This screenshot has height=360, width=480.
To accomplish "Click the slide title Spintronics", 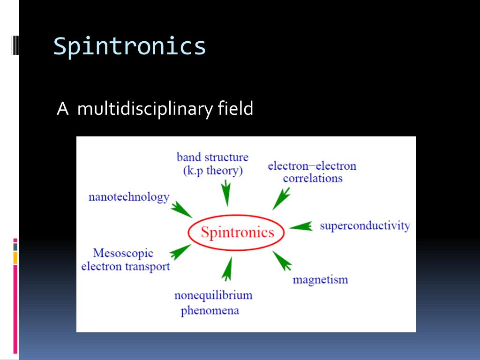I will click(129, 46).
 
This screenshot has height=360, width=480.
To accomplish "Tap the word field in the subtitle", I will click(235, 109).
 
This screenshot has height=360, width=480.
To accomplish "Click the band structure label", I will click(212, 157).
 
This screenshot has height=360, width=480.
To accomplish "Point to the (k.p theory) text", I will click(212, 171).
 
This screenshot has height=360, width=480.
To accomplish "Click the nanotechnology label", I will click(129, 197).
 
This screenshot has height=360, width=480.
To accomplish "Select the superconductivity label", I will click(365, 226).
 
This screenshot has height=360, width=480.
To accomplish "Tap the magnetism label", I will click(320, 280).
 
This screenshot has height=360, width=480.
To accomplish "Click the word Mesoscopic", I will click(123, 253).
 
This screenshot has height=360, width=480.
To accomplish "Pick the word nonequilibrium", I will click(213, 295).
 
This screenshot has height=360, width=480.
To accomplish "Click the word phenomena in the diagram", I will click(210, 310).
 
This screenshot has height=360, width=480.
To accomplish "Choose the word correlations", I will click(312, 179).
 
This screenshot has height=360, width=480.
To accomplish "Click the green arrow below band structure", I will click(226, 193).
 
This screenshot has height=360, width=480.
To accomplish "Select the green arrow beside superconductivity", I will click(301, 226).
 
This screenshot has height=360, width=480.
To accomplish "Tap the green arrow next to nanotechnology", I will click(180, 209).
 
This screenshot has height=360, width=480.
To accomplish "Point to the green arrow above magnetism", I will click(282, 261).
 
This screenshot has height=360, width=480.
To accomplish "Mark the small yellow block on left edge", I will click(15, 257).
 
